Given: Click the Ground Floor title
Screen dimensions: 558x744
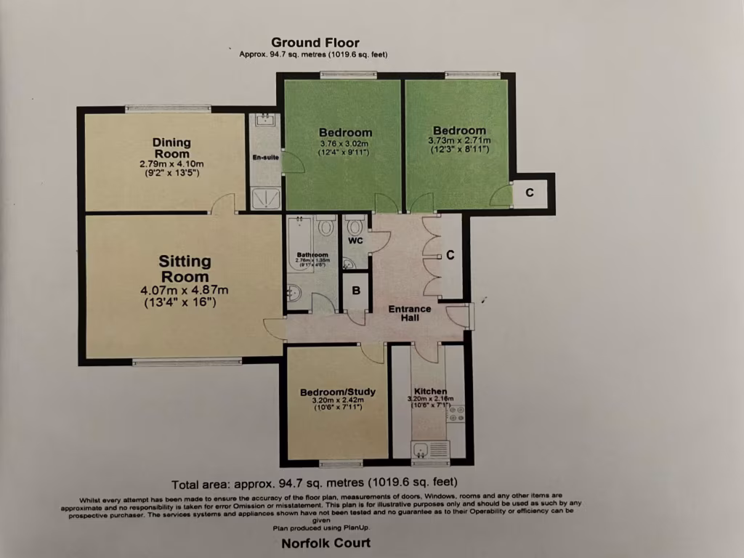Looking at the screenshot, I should coord(315,43).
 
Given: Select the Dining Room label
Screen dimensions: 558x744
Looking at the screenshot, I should coord(171,147).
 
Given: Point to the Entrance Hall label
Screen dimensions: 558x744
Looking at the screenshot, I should coord(409,314).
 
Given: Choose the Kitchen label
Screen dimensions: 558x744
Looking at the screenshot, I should coord(430,392).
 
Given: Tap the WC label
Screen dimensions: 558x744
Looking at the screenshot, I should coord(355,240).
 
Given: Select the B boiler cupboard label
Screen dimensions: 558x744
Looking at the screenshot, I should coord(356,290).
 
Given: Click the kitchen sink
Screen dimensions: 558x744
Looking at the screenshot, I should coord(422,450).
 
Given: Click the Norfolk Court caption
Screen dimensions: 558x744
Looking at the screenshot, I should coord(325,543).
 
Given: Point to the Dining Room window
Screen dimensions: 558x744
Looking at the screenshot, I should coord(168,109).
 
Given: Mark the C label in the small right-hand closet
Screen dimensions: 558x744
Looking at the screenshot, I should coord(530,193).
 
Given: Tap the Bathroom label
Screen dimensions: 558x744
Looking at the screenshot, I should coord(312,255).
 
